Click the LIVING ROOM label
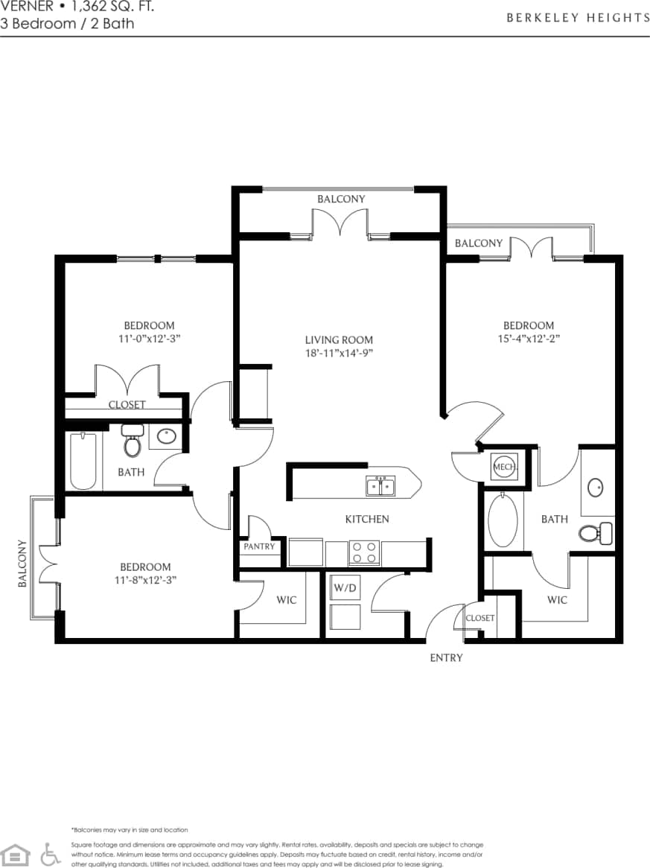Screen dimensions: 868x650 pyautogui.click(x=339, y=339)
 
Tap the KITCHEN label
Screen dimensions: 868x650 pyautogui.click(x=366, y=519)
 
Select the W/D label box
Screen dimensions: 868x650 pyautogui.click(x=344, y=587)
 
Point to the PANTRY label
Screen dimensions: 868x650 pyautogui.click(x=259, y=546)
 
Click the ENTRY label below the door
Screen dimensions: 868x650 pyautogui.click(x=446, y=657)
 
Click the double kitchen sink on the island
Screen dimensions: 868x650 pyautogui.click(x=381, y=487)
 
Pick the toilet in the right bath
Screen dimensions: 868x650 pyautogui.click(x=594, y=533)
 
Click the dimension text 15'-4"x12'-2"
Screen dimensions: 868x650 pyautogui.click(x=528, y=338)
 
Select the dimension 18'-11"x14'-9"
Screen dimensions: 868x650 pyautogui.click(x=339, y=353)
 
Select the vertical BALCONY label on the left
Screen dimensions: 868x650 pyautogui.click(x=22, y=564)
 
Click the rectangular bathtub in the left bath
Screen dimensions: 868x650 pyautogui.click(x=83, y=462)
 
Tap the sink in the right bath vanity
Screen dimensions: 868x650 pyautogui.click(x=596, y=488)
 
